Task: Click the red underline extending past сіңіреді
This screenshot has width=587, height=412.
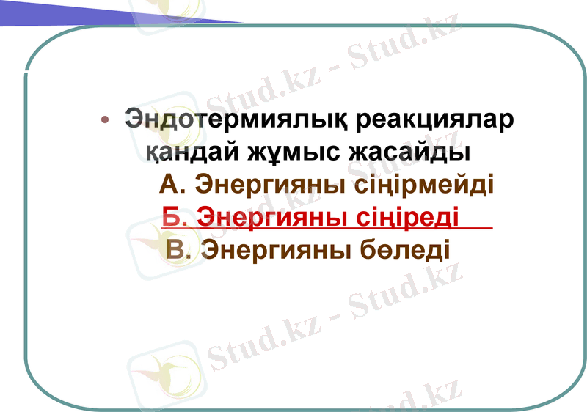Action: click(477, 229)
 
